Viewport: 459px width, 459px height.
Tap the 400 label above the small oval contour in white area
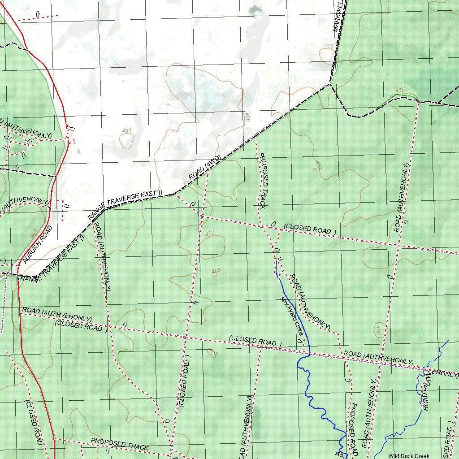click(127, 130)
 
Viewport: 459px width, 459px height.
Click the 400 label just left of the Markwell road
click(329, 46)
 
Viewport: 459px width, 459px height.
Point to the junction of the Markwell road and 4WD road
click(330, 83)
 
